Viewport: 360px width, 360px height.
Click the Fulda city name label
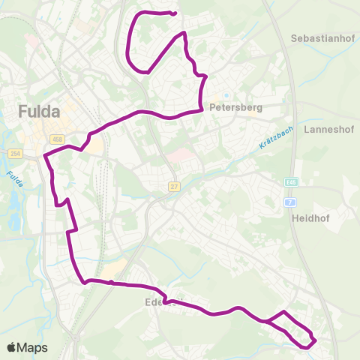pos(38,112)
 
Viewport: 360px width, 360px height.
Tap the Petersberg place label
pos(236,107)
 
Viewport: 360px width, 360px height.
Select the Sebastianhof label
pos(321,37)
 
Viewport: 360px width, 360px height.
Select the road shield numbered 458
pos(57,139)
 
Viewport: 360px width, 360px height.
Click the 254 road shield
pos(15,154)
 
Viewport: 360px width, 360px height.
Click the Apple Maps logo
pos(27,347)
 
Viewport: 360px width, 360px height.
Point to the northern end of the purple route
pos(174,13)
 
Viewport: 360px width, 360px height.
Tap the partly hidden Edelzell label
pos(162,304)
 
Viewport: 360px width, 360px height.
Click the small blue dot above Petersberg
pos(223,96)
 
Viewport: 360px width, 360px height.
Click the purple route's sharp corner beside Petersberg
pos(202,110)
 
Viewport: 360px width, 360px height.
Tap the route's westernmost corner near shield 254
pos(45,156)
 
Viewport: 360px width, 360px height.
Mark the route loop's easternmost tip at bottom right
pos(316,340)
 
